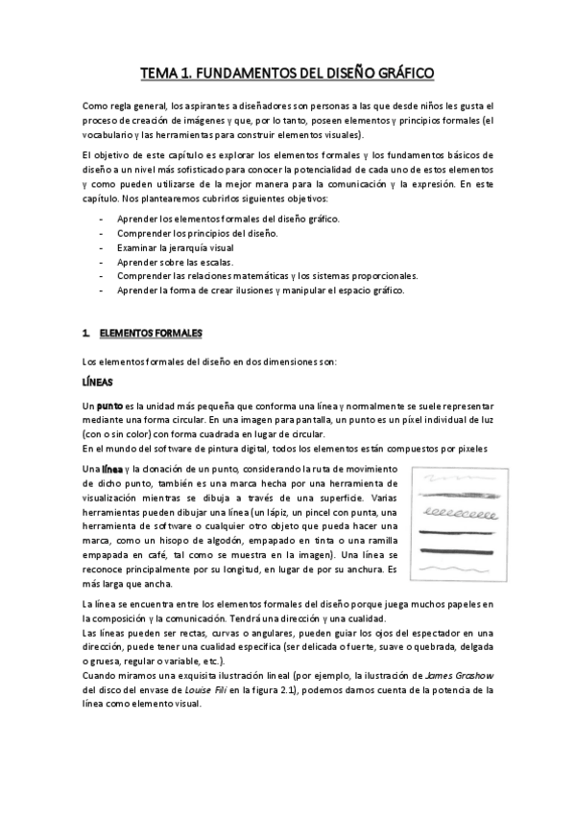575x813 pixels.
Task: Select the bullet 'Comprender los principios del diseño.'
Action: [198, 233]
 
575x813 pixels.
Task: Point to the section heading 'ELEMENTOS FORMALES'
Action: [151, 333]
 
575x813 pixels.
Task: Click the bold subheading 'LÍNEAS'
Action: [97, 382]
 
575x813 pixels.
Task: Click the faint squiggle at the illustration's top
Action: [460, 479]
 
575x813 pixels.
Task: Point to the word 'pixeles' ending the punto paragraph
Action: [471, 449]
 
